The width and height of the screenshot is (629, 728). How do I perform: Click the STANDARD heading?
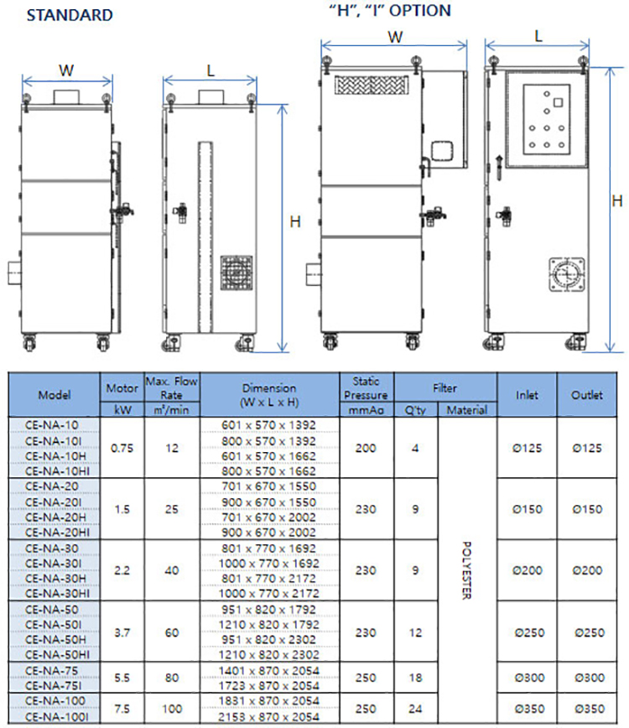coord(70,15)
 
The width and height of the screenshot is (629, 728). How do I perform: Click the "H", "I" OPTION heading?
coord(390,10)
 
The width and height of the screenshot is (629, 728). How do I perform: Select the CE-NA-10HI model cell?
coord(58,471)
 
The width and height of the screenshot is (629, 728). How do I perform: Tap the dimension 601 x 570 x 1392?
coord(268,425)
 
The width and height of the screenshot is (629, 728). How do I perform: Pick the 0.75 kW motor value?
coord(122,448)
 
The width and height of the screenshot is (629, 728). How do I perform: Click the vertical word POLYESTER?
coord(466,570)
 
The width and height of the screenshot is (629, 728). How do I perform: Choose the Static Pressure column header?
coord(366,388)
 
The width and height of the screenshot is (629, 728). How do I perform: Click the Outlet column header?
coord(587,395)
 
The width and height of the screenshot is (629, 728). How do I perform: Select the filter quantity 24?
coord(415,709)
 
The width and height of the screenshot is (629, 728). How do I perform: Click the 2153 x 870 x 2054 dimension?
coord(268,716)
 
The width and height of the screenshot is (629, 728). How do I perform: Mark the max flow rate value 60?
coord(172,632)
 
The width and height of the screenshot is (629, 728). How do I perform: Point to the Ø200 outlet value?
coord(587,570)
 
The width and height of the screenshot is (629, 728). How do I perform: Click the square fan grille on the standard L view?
coord(237,273)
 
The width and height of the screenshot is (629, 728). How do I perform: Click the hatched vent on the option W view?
coord(372,86)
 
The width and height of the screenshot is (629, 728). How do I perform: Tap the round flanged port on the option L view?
coord(567,275)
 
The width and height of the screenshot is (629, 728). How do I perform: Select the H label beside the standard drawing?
coord(295,222)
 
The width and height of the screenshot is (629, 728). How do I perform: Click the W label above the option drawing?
coord(395,37)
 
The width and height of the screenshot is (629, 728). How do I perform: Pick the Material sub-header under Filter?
coord(467,410)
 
